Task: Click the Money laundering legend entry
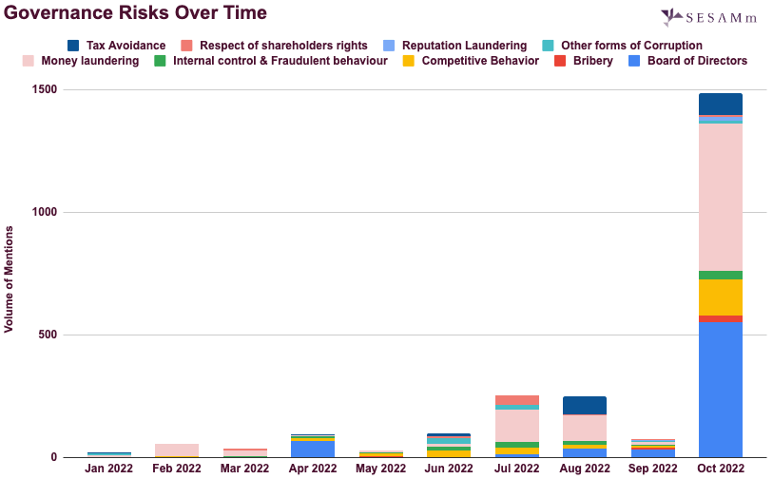[82, 61]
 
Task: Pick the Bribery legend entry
[585, 61]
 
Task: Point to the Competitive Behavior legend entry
[471, 61]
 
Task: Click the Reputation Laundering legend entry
[455, 46]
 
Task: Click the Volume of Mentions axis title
[10, 279]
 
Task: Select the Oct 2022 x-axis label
[720, 469]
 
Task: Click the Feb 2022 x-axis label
[177, 469]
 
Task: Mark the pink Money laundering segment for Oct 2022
[720, 197]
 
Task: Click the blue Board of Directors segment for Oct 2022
[720, 390]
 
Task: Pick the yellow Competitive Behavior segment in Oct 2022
[720, 297]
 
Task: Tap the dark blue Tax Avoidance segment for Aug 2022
[584, 405]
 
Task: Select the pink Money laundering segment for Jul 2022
[516, 425]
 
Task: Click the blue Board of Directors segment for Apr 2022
[313, 449]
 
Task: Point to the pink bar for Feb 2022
[177, 450]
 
